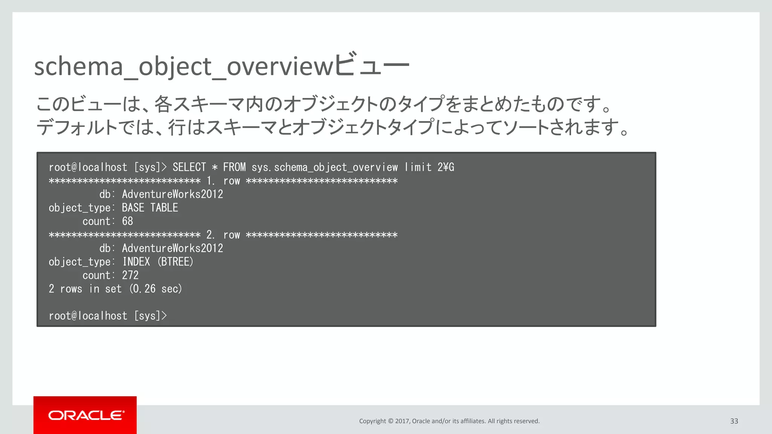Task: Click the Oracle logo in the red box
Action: coord(86,415)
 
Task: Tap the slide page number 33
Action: coord(734,421)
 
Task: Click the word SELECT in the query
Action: coord(189,167)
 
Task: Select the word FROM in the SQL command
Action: coord(234,167)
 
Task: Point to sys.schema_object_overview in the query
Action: coord(325,167)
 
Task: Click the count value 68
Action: coord(127,221)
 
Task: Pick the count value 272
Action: coord(130,275)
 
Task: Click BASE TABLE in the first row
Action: coord(150,208)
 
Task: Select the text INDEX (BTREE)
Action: coord(158,262)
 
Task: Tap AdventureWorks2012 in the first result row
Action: coord(172,194)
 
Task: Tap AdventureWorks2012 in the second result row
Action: coord(172,248)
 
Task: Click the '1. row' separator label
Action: coord(223,181)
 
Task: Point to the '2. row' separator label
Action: coord(223,235)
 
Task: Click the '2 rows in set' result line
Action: coord(85,289)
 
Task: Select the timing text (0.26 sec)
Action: coord(156,289)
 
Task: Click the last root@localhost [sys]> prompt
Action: coord(107,316)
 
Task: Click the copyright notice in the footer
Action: coord(449,421)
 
